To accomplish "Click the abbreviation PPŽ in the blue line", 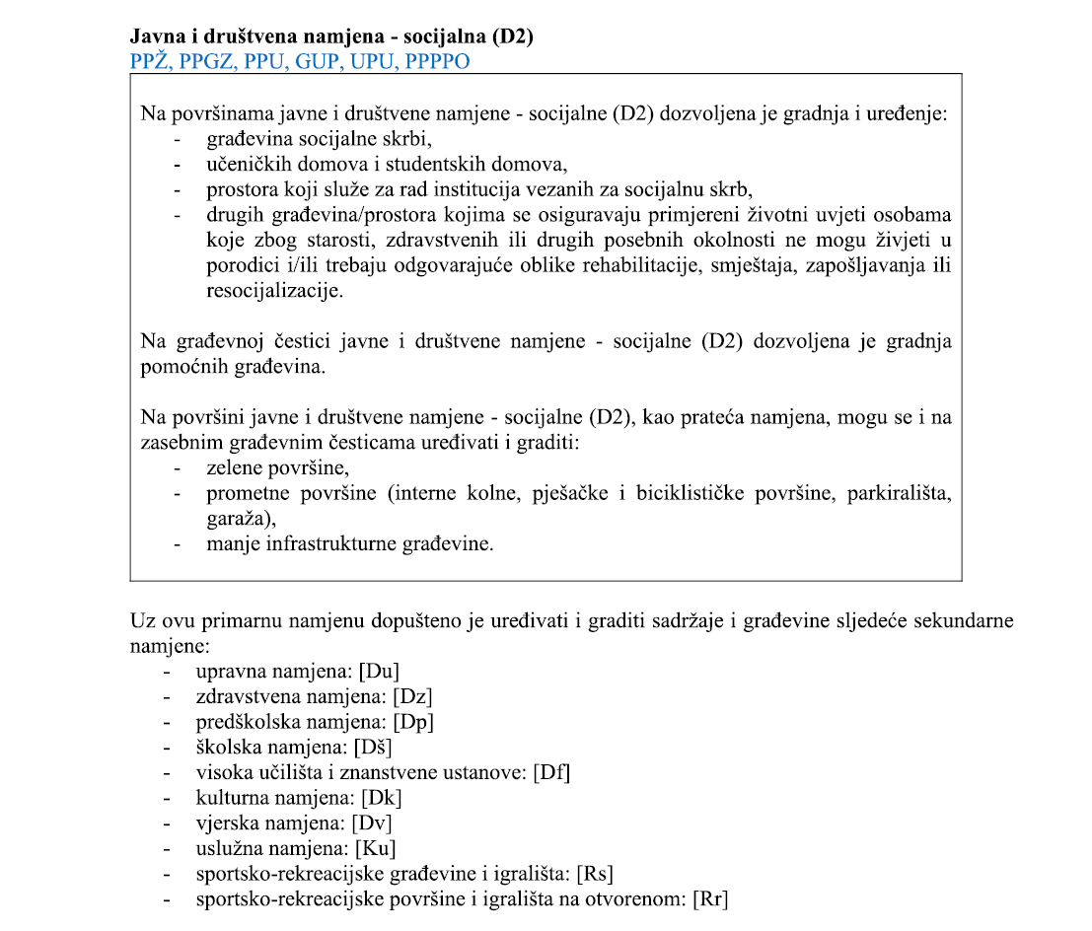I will coord(149,60).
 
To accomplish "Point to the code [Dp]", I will coord(414,721).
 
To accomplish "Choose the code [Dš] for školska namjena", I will coord(382,747).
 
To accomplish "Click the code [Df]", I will coord(551,772).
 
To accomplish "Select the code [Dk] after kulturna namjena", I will coord(382,797).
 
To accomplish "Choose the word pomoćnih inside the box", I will coord(179,366).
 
